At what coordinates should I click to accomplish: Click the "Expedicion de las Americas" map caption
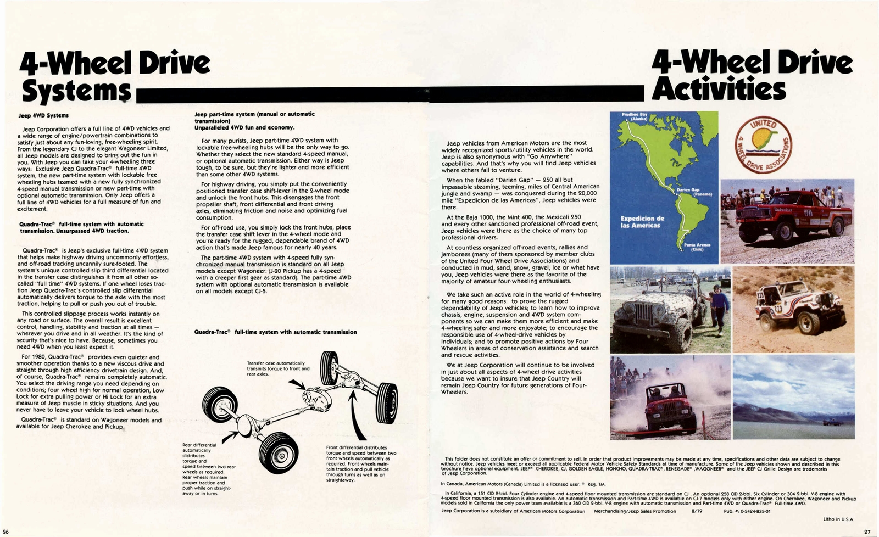pyautogui.click(x=642, y=222)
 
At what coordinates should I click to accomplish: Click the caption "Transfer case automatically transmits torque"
pyautogui.click(x=278, y=368)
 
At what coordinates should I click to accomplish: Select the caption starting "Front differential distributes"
pyautogui.click(x=357, y=463)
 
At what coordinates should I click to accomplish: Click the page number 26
pyautogui.click(x=5, y=531)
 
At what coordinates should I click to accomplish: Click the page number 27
pyautogui.click(x=867, y=531)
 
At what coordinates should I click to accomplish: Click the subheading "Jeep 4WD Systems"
pyautogui.click(x=43, y=115)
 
